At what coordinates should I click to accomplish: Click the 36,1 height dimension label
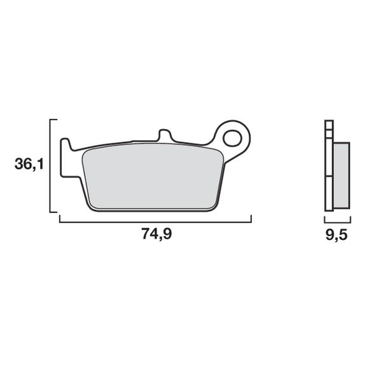[29, 165]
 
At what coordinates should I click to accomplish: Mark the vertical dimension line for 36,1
[50, 165]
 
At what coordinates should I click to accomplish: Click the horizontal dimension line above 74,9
[155, 221]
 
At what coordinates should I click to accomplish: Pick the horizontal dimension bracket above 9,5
[337, 221]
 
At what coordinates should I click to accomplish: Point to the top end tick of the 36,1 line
[53, 119]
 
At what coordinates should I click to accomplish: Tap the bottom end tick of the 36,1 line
[53, 212]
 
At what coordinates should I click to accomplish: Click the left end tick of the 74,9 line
[59, 218]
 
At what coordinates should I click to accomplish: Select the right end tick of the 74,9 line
[251, 218]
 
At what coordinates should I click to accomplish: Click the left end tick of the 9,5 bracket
[324, 218]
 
